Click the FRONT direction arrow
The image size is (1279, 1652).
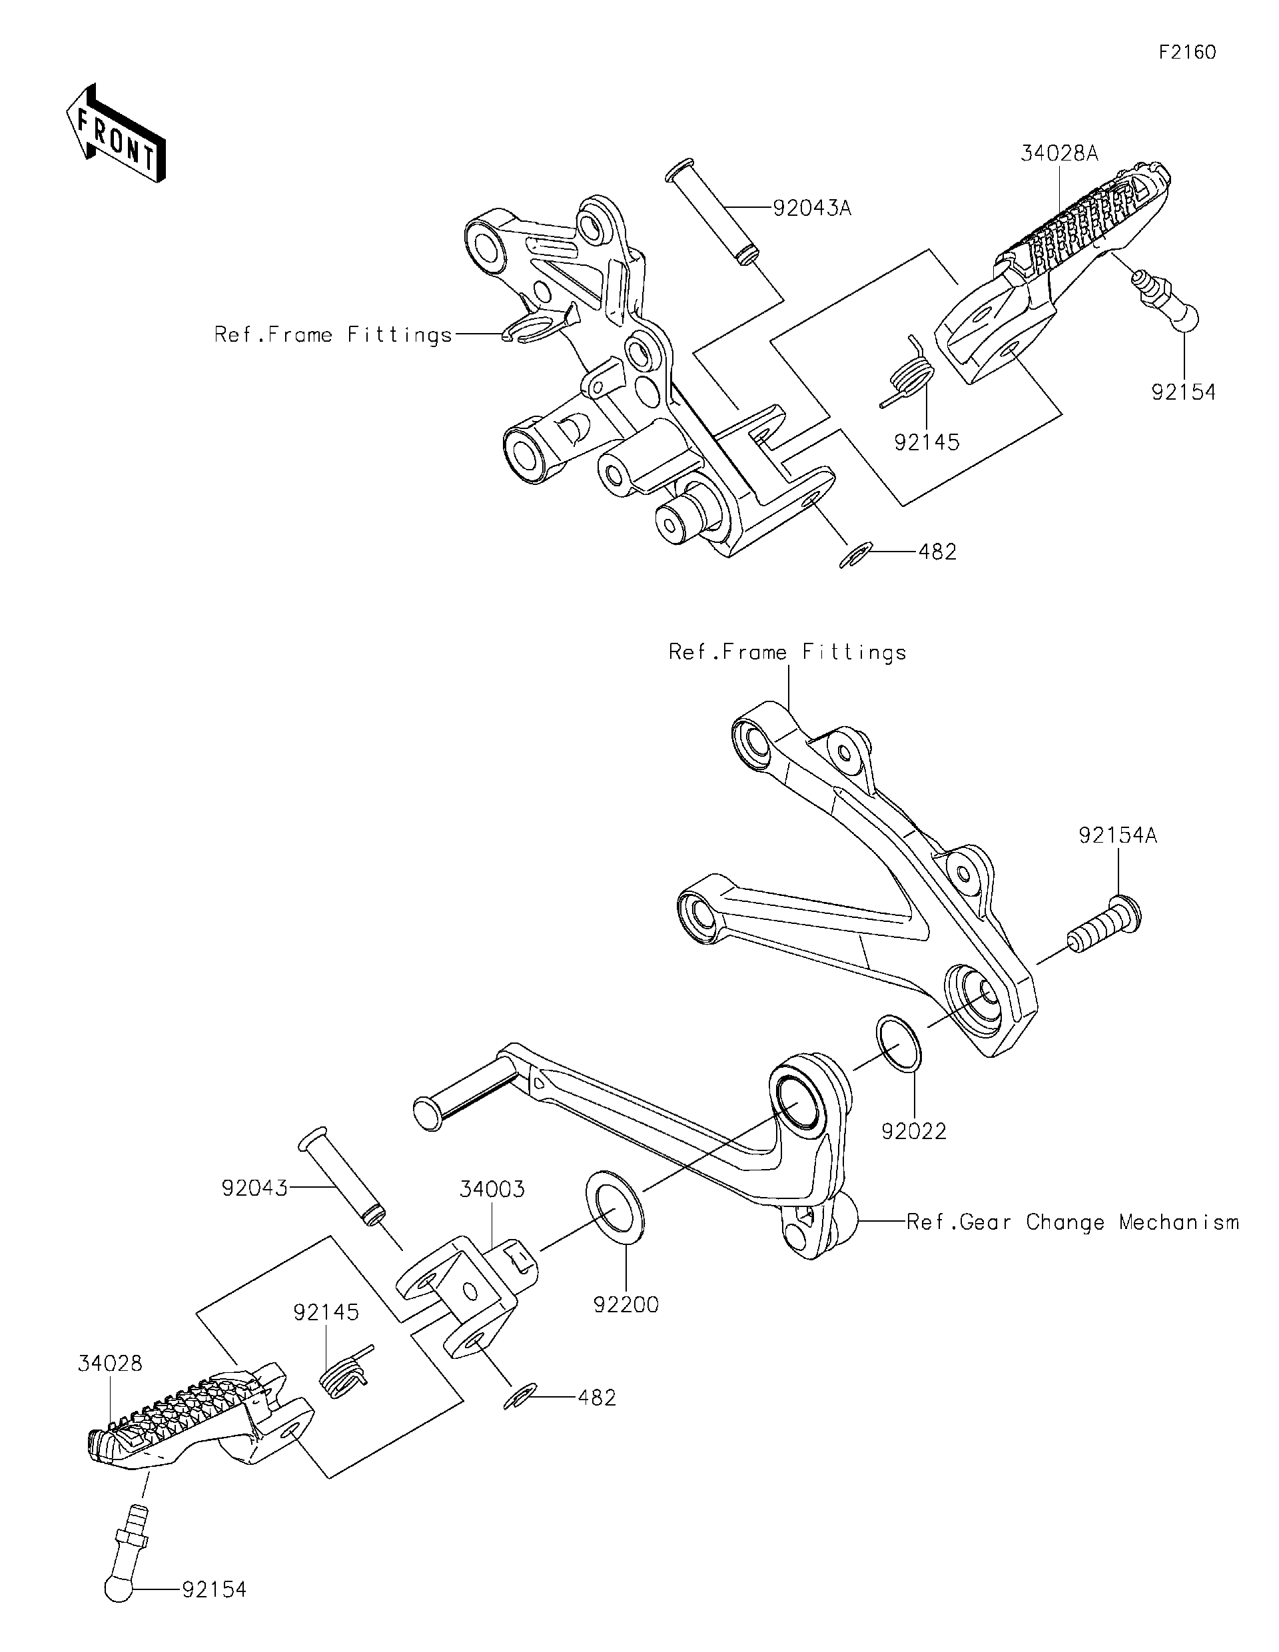pyautogui.click(x=115, y=132)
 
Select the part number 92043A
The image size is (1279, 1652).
pyautogui.click(x=811, y=208)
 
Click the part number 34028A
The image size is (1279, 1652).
pyautogui.click(x=1059, y=154)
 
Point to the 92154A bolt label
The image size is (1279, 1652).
pyautogui.click(x=1118, y=836)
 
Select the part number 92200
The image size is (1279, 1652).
pyautogui.click(x=626, y=1305)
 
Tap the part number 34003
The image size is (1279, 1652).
pyautogui.click(x=492, y=1190)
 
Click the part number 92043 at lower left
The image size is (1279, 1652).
pyautogui.click(x=254, y=1188)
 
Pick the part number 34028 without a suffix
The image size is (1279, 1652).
pyautogui.click(x=110, y=1364)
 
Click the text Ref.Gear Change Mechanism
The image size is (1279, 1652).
pyautogui.click(x=1072, y=1222)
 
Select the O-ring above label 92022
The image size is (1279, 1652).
pyautogui.click(x=899, y=1044)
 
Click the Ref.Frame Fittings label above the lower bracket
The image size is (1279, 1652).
pyautogui.click(x=787, y=652)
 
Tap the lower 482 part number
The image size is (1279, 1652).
pyautogui.click(x=597, y=1398)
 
